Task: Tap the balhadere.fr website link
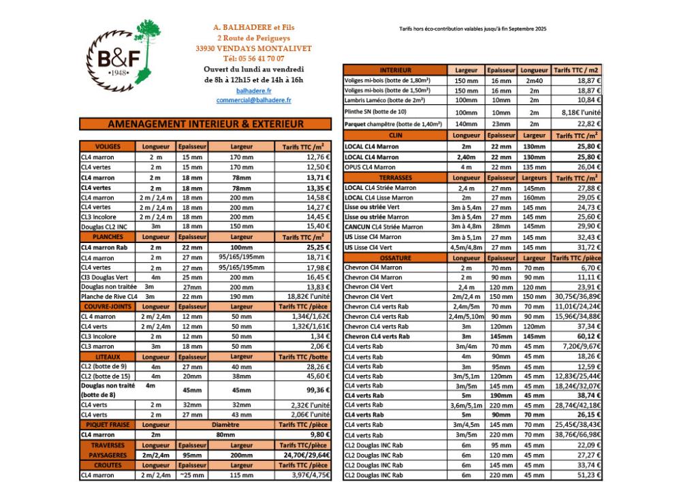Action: pos(253,90)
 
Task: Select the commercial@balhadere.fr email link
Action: pos(253,100)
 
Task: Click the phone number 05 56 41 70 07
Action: pos(253,59)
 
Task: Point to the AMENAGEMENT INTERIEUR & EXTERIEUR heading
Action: pos(205,125)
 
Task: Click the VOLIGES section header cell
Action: pos(108,146)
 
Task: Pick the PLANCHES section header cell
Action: pos(108,237)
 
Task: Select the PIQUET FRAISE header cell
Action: pos(108,424)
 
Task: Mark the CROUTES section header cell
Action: pos(108,465)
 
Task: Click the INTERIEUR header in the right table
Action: pos(395,70)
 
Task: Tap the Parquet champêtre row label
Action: pos(393,124)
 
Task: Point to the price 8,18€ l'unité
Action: pos(581,112)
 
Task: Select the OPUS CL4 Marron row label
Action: pos(370,167)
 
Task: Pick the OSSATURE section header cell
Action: pos(395,258)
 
